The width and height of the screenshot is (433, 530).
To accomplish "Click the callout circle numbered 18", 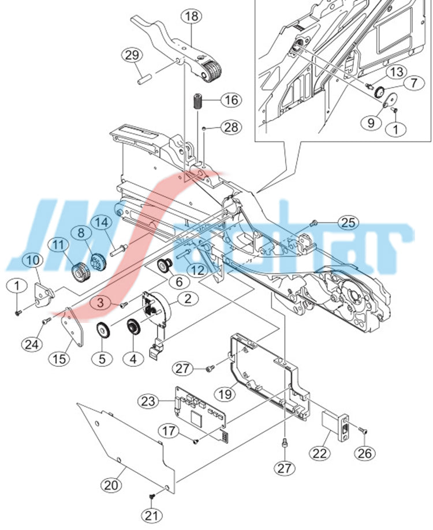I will coord(192,17).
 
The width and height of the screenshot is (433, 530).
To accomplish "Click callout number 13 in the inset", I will coord(396,72).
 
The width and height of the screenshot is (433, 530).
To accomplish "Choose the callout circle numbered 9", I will coord(370,122).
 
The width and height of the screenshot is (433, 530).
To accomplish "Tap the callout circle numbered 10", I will coord(33,260).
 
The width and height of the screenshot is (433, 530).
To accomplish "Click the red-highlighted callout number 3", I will coord(100,301).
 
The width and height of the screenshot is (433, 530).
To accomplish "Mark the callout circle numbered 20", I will coord(113,485).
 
